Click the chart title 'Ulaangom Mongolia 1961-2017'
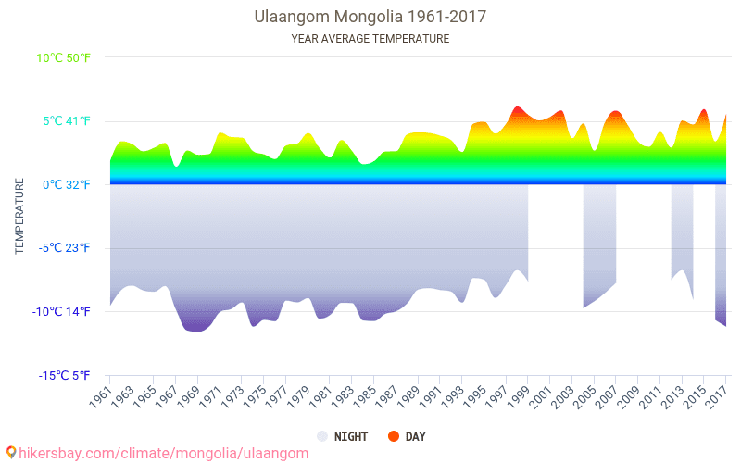pyautogui.click(x=370, y=17)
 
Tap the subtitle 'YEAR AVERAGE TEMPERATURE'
pyautogui.click(x=370, y=39)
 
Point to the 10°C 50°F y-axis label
pyautogui.click(x=64, y=57)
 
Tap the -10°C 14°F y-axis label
pyautogui.click(x=63, y=311)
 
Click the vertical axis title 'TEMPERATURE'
pyautogui.click(x=19, y=217)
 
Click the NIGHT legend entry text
pyautogui.click(x=351, y=436)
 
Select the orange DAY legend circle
pyautogui.click(x=394, y=436)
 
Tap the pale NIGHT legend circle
pyautogui.click(x=321, y=436)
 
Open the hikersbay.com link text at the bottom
pyautogui.click(x=163, y=453)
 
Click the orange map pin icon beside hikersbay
pyautogui.click(x=10, y=453)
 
